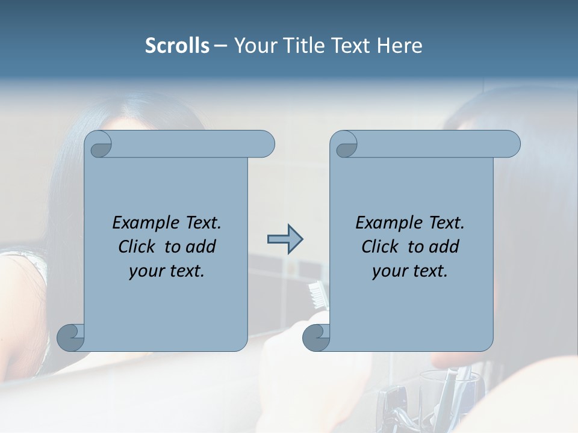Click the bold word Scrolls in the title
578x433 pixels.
coord(177,46)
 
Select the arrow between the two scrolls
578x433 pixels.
coord(285,239)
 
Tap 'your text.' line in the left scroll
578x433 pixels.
coord(167,271)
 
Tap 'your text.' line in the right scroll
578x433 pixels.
coord(410,271)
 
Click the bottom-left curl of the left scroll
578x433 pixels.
coord(71,337)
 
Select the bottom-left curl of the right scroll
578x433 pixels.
coord(317,337)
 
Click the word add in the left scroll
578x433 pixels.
coord(201,247)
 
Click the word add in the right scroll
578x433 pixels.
coord(444,247)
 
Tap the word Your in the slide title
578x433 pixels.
coord(253,46)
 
